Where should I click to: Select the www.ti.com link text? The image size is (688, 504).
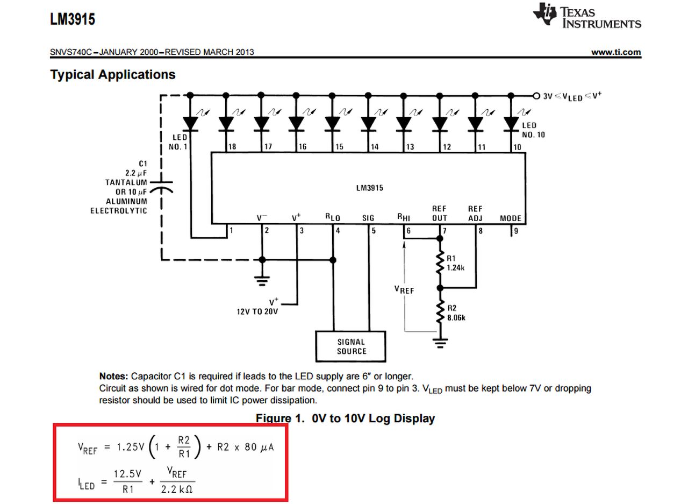pyautogui.click(x=616, y=52)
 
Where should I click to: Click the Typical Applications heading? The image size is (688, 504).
pyautogui.click(x=113, y=75)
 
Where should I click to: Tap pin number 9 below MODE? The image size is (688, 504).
pyautogui.click(x=515, y=231)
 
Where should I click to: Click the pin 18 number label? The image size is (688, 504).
pyautogui.click(x=232, y=147)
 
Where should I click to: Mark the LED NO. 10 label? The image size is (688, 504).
pyautogui.click(x=533, y=130)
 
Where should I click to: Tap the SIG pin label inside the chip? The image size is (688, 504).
pyautogui.click(x=368, y=218)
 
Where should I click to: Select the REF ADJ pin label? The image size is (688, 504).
pyautogui.click(x=475, y=213)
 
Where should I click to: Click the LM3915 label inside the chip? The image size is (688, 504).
pyautogui.click(x=368, y=189)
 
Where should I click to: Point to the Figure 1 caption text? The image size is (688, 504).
pyautogui.click(x=345, y=418)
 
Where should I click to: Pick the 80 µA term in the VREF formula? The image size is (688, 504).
pyautogui.click(x=259, y=448)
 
